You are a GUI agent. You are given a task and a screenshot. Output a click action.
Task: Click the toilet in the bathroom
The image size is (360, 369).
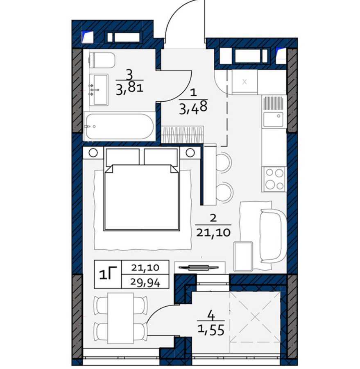point(102,60)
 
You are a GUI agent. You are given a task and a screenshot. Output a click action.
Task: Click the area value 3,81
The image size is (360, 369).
point(129,89)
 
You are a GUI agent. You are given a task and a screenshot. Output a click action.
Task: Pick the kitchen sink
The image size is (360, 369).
point(274,119)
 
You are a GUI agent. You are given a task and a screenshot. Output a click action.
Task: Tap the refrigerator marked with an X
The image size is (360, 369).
point(244,82)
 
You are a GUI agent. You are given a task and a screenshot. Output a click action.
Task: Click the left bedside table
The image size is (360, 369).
point(93,153)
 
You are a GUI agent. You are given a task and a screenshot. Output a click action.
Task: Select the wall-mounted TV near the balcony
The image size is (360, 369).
point(199,267)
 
